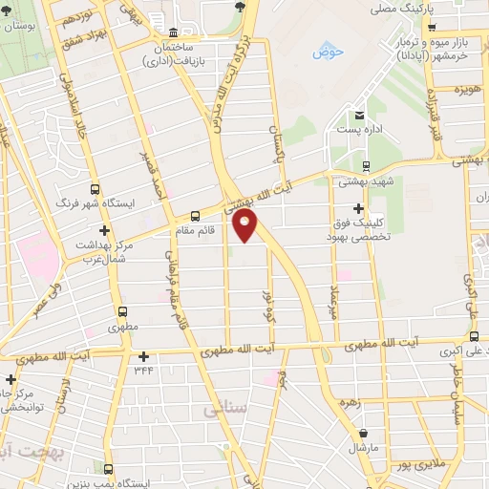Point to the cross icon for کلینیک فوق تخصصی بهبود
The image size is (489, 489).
(359, 208)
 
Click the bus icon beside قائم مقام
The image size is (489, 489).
(196, 216)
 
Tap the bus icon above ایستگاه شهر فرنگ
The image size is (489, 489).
(94, 189)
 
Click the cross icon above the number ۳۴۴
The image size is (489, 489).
(143, 356)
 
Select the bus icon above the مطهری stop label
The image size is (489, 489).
(122, 311)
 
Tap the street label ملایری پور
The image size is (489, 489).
(416, 464)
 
